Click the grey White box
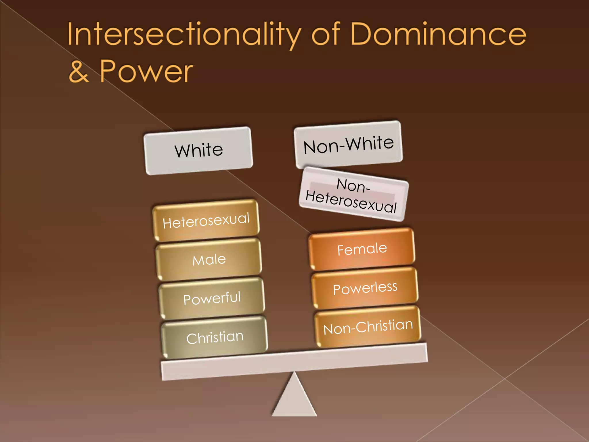pos(198,150)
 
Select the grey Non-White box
pos(348,144)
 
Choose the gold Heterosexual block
pos(206,220)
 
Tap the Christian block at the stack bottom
pos(215,338)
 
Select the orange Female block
pos(362,249)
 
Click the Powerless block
pos(365,288)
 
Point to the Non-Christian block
pos(368,327)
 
